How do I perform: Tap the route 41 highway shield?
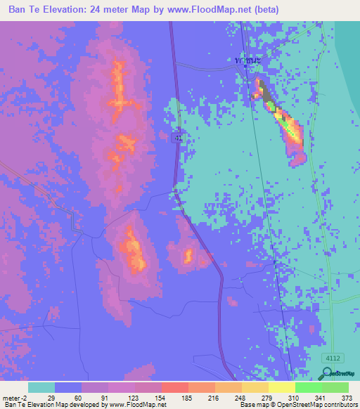click(x=179, y=138)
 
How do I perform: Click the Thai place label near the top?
click(x=248, y=62)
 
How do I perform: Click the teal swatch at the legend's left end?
click(x=41, y=387)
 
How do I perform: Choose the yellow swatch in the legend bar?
click(x=282, y=387)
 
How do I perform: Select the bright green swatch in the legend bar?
click(x=308, y=387)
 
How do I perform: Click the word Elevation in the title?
click(x=61, y=10)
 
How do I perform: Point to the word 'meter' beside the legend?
click(x=13, y=397)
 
